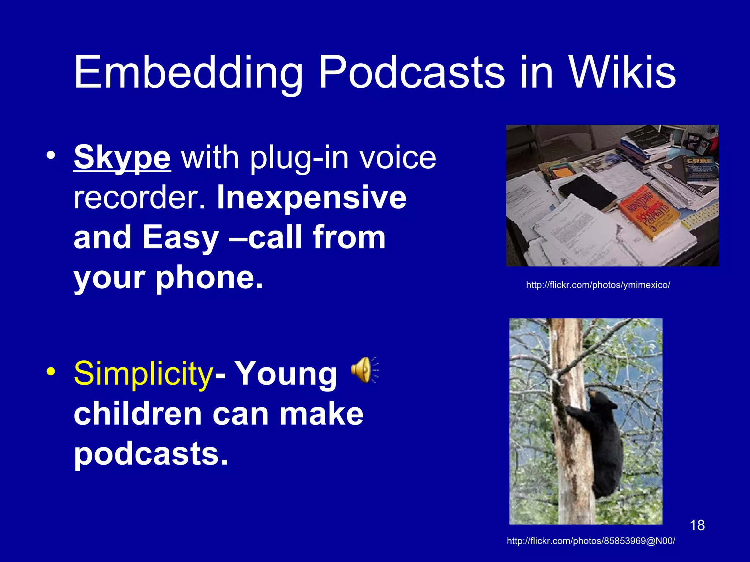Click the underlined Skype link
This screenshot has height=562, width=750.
122,157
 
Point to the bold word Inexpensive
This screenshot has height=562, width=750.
311,198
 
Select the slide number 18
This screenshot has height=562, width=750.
697,525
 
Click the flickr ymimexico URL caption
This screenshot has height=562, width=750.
598,285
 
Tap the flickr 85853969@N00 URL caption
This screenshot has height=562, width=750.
591,541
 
